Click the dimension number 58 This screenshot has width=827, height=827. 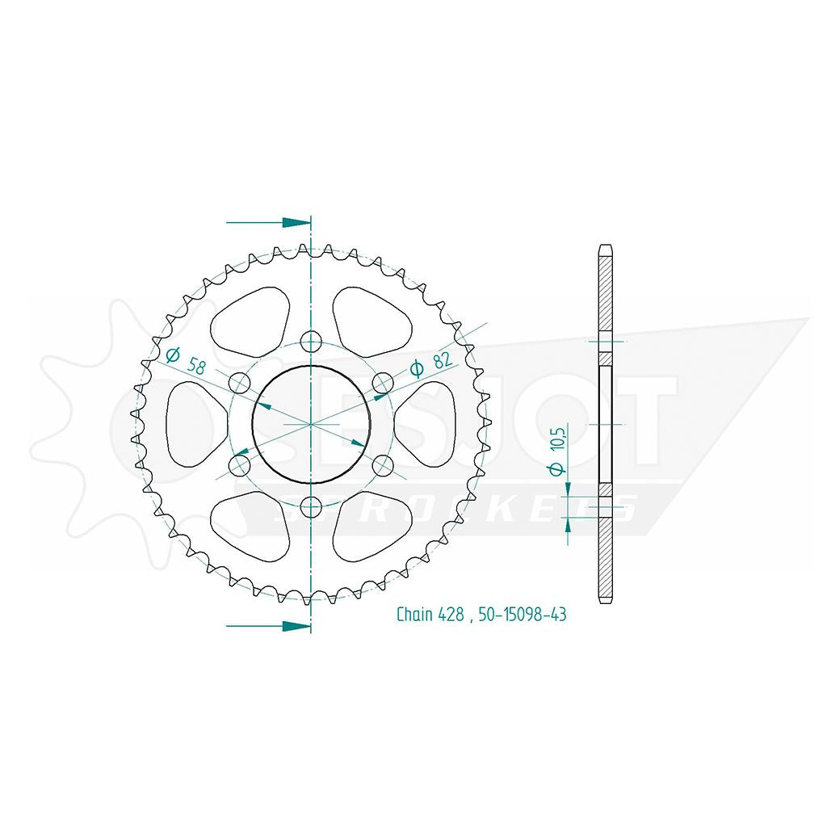pyautogui.click(x=196, y=366)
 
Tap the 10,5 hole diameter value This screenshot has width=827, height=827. pyautogui.click(x=558, y=436)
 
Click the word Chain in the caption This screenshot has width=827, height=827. pyautogui.click(x=414, y=614)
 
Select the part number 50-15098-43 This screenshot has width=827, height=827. pyautogui.click(x=523, y=615)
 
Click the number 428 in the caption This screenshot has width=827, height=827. pyautogui.click(x=450, y=615)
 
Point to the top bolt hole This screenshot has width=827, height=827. pyautogui.click(x=311, y=342)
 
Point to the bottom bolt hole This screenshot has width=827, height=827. pyautogui.click(x=311, y=507)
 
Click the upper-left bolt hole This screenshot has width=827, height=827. pyautogui.click(x=239, y=383)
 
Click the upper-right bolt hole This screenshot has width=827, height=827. pyautogui.click(x=383, y=383)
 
